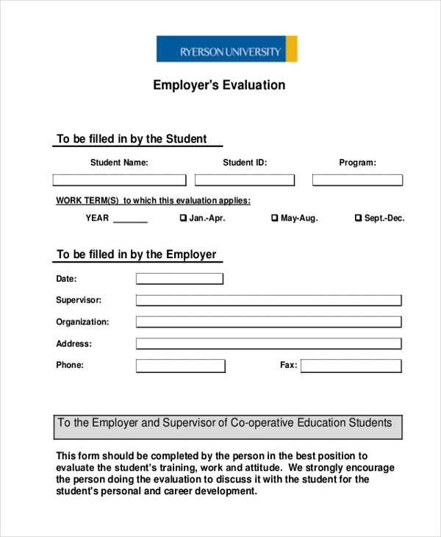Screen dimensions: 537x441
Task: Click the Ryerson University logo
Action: (226, 49)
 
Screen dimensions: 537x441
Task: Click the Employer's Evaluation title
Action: (219, 85)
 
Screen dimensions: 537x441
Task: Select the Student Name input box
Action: (119, 180)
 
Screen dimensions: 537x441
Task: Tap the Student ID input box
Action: (245, 180)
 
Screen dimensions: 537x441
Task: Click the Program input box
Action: (357, 180)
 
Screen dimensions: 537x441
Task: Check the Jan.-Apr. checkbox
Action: (184, 218)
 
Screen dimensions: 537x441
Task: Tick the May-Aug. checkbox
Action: (275, 218)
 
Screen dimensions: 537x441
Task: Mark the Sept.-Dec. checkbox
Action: (359, 218)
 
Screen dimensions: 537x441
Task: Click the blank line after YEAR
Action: (130, 219)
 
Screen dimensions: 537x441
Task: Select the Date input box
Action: (179, 279)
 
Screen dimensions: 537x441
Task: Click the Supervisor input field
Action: (268, 300)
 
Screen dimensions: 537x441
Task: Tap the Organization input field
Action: (268, 322)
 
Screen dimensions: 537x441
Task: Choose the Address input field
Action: (268, 344)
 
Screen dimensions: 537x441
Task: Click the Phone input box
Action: (181, 366)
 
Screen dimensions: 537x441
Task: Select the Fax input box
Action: (351, 366)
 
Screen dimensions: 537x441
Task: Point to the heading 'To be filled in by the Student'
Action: (132, 139)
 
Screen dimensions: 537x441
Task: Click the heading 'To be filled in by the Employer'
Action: (137, 255)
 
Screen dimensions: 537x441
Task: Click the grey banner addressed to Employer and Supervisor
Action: (228, 426)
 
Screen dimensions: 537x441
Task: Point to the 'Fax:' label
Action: (288, 366)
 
